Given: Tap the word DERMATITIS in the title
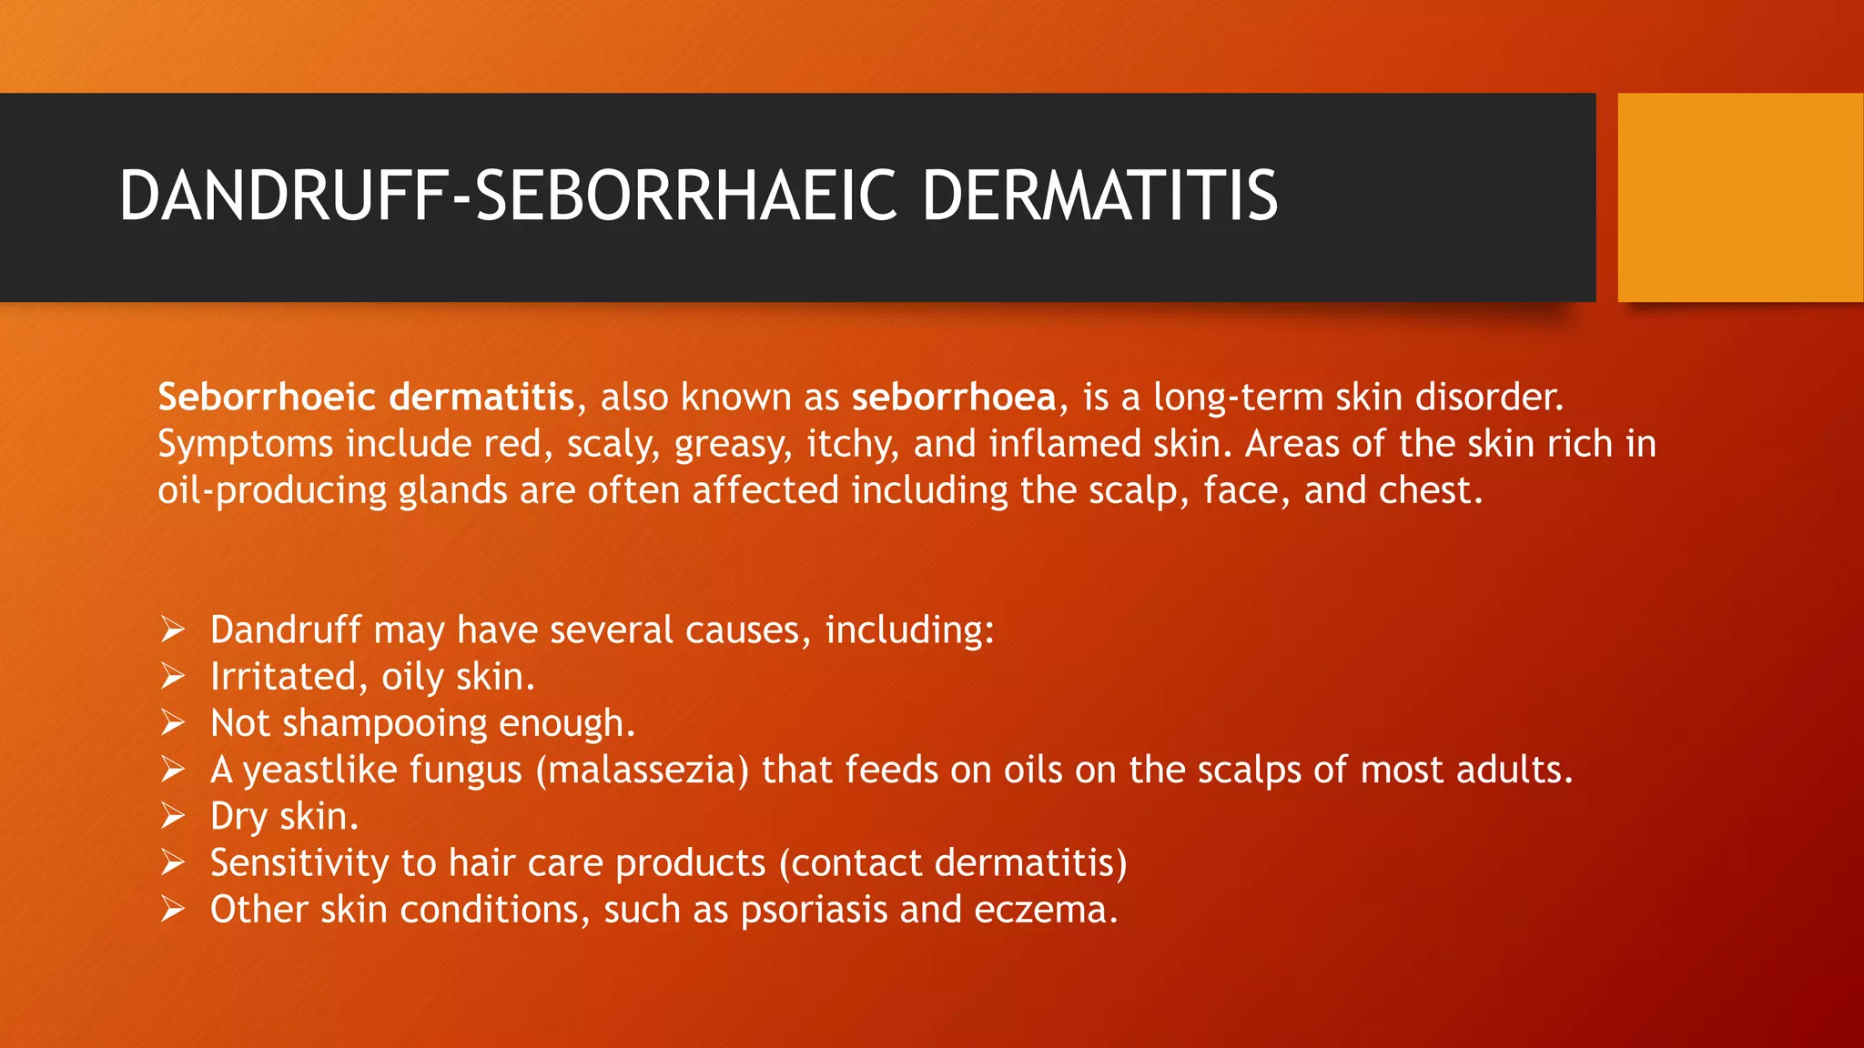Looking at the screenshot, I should (1099, 196).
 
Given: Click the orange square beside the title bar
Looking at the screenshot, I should (1740, 197).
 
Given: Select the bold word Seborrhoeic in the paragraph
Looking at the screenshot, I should (267, 398).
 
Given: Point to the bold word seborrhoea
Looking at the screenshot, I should (954, 398).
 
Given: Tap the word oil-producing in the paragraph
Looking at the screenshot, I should (272, 491).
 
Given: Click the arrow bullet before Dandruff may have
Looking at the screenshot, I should (173, 629).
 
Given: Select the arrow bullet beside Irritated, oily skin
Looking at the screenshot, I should (173, 676).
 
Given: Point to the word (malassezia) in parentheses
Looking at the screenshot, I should (643, 771).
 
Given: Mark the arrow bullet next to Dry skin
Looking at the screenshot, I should (173, 816).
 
